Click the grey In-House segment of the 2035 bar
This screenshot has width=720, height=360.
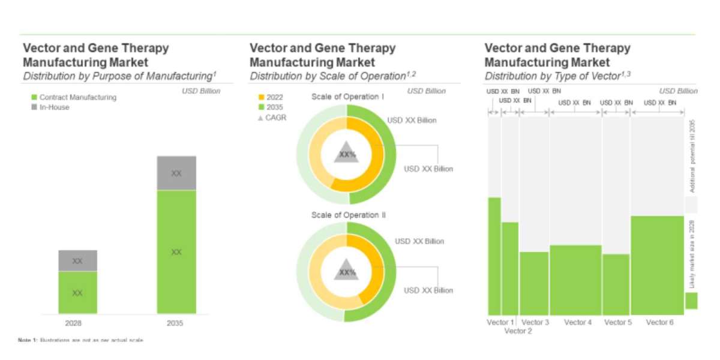pyautogui.click(x=176, y=173)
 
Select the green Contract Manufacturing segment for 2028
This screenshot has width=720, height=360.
pyautogui.click(x=77, y=292)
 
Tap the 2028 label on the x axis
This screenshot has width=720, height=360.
pyautogui.click(x=77, y=323)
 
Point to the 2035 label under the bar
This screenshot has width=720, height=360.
pyautogui.click(x=176, y=323)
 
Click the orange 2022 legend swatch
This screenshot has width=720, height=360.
pyautogui.click(x=261, y=97)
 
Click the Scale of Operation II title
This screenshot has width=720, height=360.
pyautogui.click(x=348, y=215)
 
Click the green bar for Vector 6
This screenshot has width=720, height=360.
pyautogui.click(x=657, y=264)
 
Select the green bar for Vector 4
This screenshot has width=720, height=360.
pyautogui.click(x=575, y=279)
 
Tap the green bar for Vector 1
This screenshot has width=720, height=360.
pyautogui.click(x=494, y=255)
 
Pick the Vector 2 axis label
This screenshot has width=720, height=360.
pyautogui.click(x=518, y=331)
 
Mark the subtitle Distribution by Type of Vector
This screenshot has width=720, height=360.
pyautogui.click(x=557, y=76)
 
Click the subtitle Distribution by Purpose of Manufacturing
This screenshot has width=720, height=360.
pyautogui.click(x=119, y=76)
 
